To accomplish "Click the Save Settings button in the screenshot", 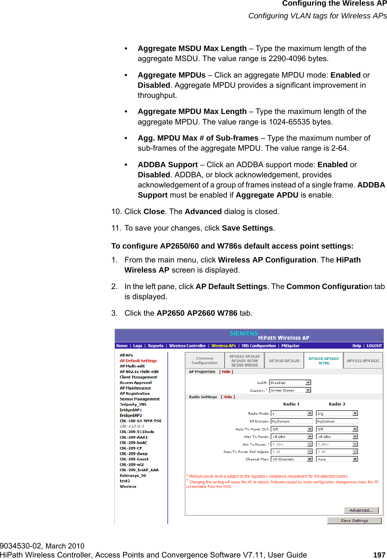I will click(x=354, y=520).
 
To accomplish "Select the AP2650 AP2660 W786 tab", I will click(x=323, y=361).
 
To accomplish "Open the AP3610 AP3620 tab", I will click(x=284, y=361).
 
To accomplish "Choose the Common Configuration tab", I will click(x=204, y=361).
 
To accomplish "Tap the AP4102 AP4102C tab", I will click(x=363, y=361).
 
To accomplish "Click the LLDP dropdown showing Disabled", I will click(x=290, y=383).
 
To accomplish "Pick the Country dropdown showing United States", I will click(x=290, y=390).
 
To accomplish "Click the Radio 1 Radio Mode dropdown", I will click(x=292, y=414).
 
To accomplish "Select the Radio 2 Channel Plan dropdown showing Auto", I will click(x=337, y=459).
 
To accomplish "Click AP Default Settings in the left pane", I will click(x=138, y=361).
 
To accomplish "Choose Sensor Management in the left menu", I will click(x=140, y=399).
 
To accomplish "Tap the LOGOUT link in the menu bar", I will click(x=374, y=346).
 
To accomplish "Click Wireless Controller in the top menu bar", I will click(x=187, y=346).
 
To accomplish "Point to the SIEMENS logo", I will click(x=244, y=333).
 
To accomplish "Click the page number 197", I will click(x=379, y=555).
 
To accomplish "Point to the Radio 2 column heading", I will click(x=337, y=404).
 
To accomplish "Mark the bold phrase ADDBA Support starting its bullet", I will click(x=168, y=165).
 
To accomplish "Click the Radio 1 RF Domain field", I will click(x=292, y=421).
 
